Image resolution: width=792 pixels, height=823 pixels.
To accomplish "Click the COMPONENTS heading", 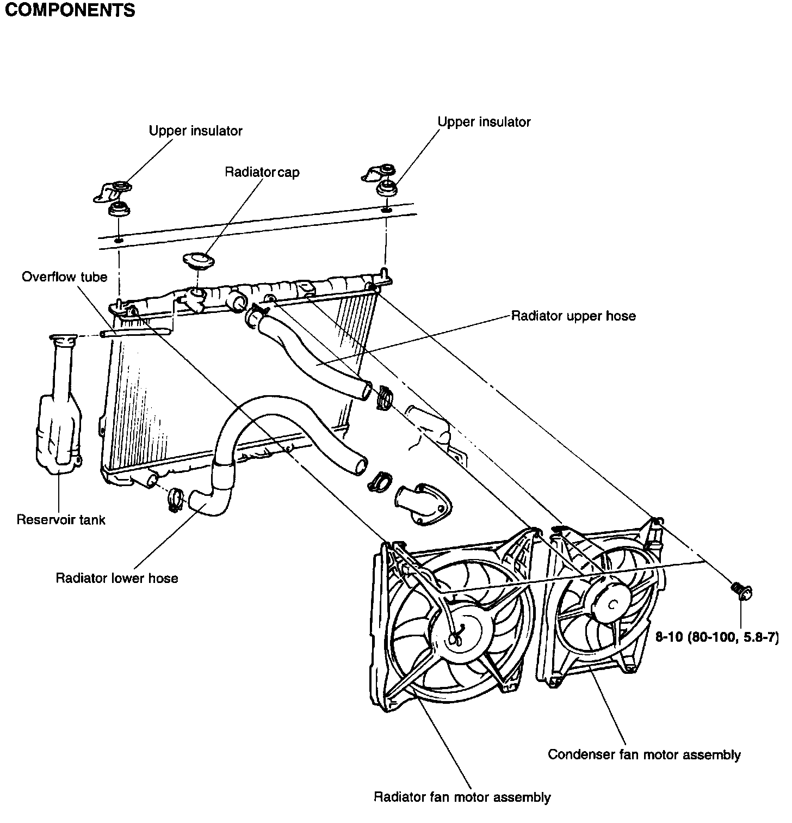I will tap(70, 11).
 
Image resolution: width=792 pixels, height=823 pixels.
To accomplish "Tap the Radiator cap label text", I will tap(262, 172).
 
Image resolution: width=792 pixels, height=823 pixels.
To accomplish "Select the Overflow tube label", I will tap(64, 277).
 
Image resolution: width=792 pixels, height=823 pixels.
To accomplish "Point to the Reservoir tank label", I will tap(61, 519).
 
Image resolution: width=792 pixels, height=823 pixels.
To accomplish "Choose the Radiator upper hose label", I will tap(573, 316).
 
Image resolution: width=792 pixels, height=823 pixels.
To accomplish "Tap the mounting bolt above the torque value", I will tap(740, 589).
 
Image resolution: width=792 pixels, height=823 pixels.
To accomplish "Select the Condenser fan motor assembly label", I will tap(644, 754).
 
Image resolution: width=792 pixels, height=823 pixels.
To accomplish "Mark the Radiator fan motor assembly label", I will tap(462, 797).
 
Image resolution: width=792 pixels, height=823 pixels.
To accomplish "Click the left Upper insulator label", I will tap(195, 131).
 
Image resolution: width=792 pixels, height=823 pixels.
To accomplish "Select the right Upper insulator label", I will tap(484, 121).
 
